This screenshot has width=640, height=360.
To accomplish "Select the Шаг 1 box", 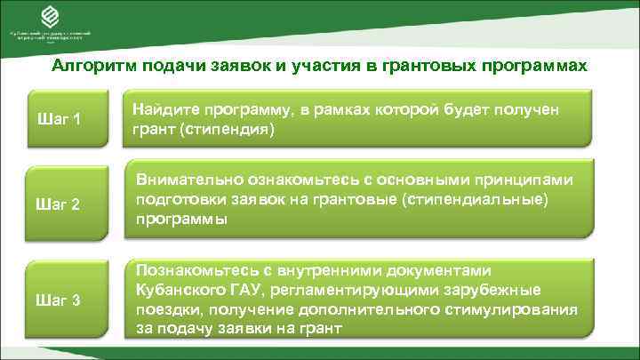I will [x=62, y=119].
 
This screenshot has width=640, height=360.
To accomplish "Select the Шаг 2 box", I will [x=62, y=205].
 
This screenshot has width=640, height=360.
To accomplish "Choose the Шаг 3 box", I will [x=62, y=300].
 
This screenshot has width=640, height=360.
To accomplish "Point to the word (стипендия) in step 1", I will [x=229, y=129].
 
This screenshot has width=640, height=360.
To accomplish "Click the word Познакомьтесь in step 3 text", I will [x=188, y=270].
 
